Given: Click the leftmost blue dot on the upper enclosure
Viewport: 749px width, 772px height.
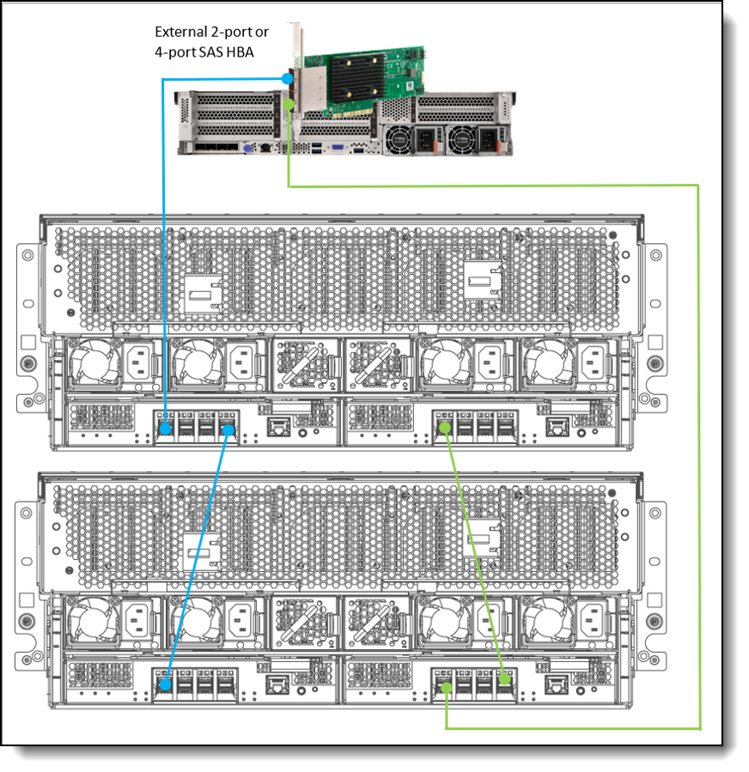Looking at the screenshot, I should pos(165,427).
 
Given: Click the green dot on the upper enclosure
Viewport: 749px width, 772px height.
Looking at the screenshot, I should pos(445,427).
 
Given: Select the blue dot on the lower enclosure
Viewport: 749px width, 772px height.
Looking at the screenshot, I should pos(165,686).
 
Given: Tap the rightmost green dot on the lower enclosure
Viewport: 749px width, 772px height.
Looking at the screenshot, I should pos(506,680).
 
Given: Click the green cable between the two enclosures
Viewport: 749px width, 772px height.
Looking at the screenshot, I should pos(475,554).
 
